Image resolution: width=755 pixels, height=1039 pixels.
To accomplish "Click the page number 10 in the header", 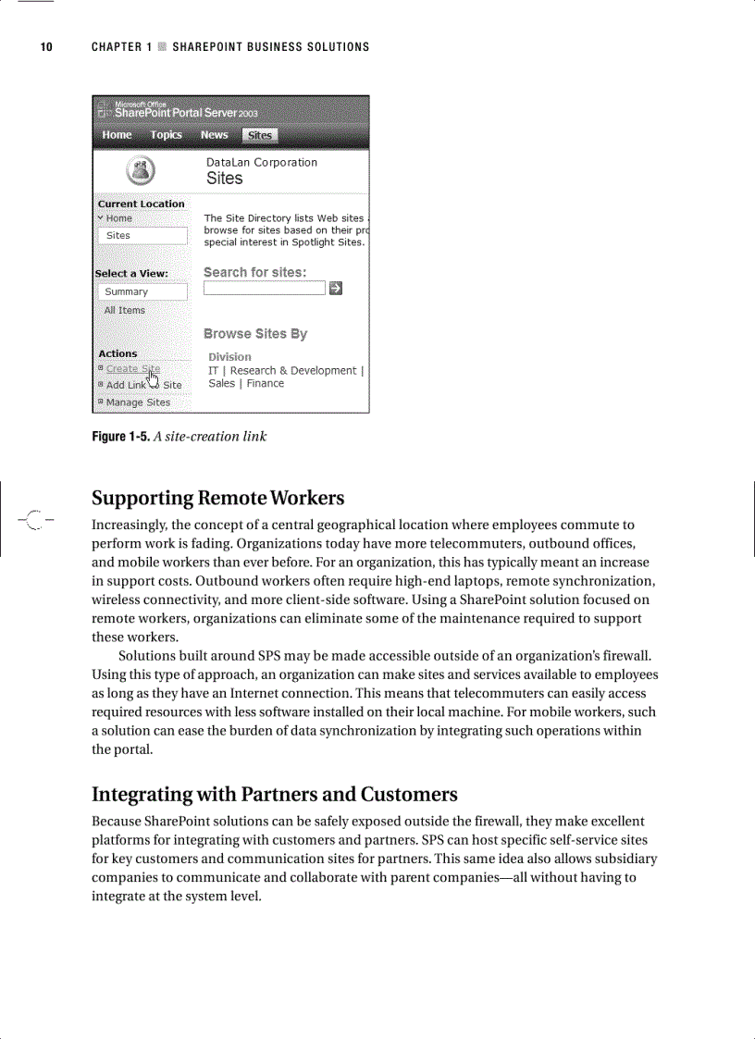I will [x=45, y=47].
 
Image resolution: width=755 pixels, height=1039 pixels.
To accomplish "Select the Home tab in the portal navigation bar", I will [x=117, y=135].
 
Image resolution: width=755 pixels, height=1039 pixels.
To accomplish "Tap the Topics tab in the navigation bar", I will [x=167, y=135].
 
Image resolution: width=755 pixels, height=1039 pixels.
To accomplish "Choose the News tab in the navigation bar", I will [x=214, y=135].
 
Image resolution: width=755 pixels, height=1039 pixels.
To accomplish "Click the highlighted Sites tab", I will [x=260, y=136].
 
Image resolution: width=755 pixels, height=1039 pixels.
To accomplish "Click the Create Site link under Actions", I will [x=132, y=368].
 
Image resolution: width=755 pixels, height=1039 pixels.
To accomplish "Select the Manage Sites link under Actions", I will [x=138, y=402].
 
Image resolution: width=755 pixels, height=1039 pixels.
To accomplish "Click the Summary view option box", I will [x=142, y=291].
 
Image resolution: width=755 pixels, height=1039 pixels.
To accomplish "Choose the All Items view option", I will [x=124, y=311].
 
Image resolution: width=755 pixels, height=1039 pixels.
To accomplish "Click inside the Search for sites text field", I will [x=265, y=289].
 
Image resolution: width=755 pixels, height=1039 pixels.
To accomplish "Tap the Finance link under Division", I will [x=266, y=384].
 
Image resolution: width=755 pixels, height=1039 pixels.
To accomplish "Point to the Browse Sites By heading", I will [x=255, y=334].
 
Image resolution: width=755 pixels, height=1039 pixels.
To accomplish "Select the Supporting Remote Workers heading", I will [x=217, y=499].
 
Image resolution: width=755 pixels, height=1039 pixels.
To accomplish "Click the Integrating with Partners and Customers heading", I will [x=274, y=795].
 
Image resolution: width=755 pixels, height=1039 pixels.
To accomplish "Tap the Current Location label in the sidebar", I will [x=142, y=204].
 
